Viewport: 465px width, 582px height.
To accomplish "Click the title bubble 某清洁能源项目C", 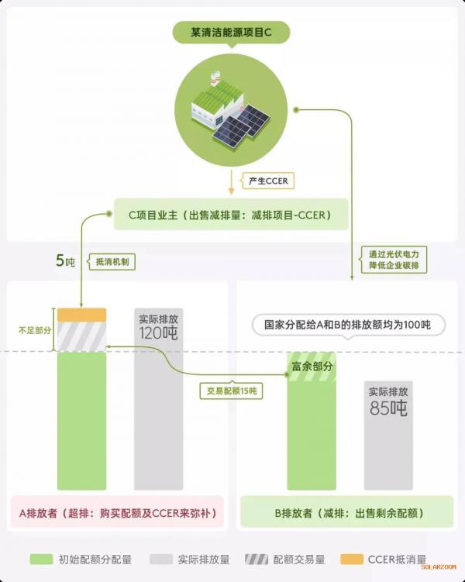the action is pyautogui.click(x=231, y=33).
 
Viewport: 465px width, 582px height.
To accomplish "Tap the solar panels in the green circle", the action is pyautogui.click(x=241, y=125).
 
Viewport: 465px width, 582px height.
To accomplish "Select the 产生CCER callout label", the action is pyautogui.click(x=268, y=181).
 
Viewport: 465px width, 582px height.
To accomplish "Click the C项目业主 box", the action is pyautogui.click(x=231, y=215).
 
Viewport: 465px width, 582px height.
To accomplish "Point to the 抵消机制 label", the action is pyautogui.click(x=112, y=262).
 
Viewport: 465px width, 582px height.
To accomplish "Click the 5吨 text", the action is pyautogui.click(x=65, y=261).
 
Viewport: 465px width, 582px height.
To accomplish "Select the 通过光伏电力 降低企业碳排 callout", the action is pyautogui.click(x=394, y=260).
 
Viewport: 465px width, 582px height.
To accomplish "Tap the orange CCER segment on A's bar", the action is pyautogui.click(x=81, y=315).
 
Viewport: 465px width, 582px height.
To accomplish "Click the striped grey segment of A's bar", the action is pyautogui.click(x=81, y=336).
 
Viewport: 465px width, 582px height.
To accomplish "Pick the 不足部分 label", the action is pyautogui.click(x=35, y=330).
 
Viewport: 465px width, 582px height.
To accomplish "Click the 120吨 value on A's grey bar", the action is pyautogui.click(x=158, y=333).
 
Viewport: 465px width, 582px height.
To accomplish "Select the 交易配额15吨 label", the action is pyautogui.click(x=231, y=391).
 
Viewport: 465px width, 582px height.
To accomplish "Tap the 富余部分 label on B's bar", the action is pyautogui.click(x=312, y=367).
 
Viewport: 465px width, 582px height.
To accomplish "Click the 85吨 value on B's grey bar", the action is pyautogui.click(x=388, y=408).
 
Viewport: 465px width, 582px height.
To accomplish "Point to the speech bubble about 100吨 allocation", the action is pyautogui.click(x=349, y=325).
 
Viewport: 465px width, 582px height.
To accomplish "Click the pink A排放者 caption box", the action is pyautogui.click(x=118, y=512).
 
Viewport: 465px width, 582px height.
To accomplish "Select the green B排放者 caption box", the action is pyautogui.click(x=347, y=512).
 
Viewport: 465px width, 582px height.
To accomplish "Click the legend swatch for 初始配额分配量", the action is pyautogui.click(x=41, y=559).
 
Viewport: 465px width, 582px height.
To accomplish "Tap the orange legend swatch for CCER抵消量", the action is pyautogui.click(x=351, y=559).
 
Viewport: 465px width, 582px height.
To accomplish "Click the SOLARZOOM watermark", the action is pyautogui.click(x=439, y=567).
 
